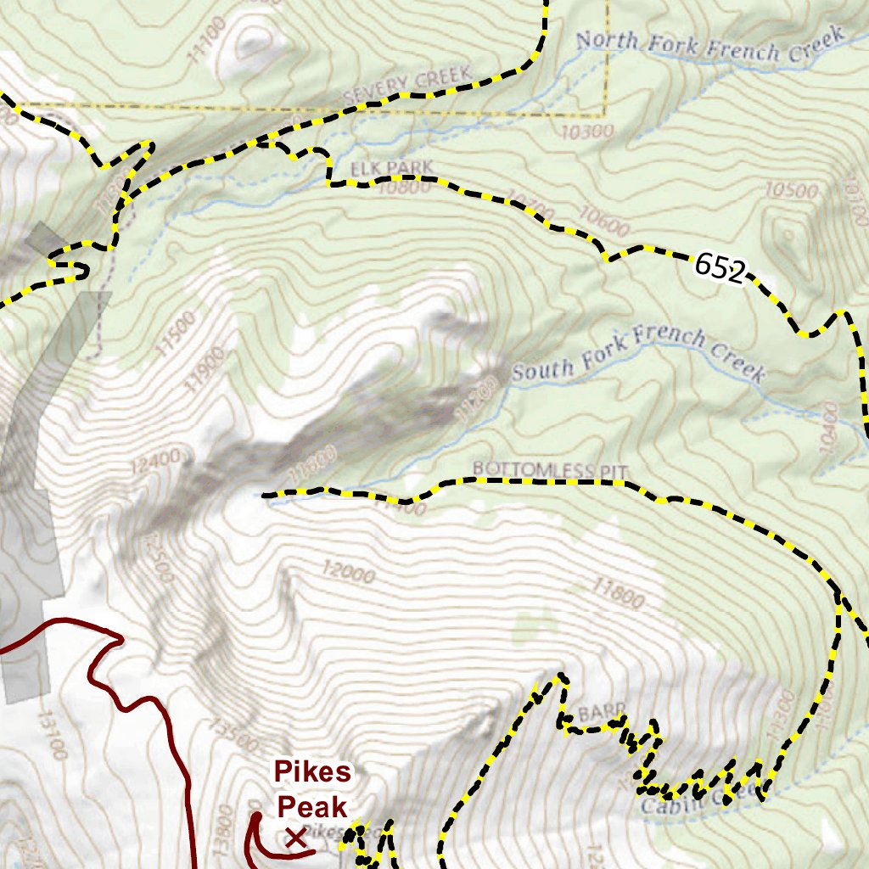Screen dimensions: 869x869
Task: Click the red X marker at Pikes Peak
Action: [x=295, y=838]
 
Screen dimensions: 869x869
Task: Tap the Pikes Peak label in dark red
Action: [x=311, y=789]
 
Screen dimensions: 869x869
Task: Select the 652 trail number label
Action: [x=720, y=268]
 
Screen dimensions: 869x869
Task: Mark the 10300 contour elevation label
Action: [x=586, y=132]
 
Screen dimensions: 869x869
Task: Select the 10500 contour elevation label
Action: [x=791, y=190]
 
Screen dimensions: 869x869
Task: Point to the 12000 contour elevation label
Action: [x=349, y=573]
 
